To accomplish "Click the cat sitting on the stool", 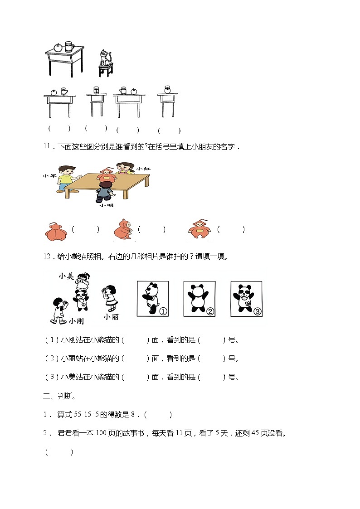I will click(106, 58).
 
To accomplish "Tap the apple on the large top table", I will click(58, 47).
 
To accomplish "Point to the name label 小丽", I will click(111, 316).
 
